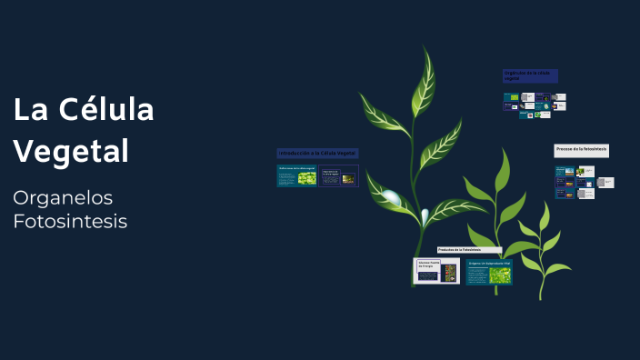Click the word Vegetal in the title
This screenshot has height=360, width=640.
pyautogui.click(x=71, y=150)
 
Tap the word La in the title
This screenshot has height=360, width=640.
pyautogui.click(x=29, y=110)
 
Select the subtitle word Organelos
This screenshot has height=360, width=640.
pyautogui.click(x=63, y=197)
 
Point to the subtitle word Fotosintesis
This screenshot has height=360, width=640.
pyautogui.click(x=70, y=221)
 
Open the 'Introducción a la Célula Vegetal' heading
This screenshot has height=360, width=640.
pyautogui.click(x=317, y=153)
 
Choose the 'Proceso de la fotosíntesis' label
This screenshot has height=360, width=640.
pyautogui.click(x=581, y=149)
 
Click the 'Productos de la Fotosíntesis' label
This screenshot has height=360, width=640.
pyautogui.click(x=469, y=249)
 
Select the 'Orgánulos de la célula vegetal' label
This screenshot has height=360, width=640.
pyautogui.click(x=530, y=76)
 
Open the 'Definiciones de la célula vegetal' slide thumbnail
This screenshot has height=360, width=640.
pyautogui.click(x=296, y=175)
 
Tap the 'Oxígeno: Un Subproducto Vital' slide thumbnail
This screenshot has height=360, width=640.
pyautogui.click(x=489, y=272)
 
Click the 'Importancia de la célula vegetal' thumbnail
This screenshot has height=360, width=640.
pyautogui.click(x=339, y=175)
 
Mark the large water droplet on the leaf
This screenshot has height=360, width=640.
pyautogui.click(x=392, y=196)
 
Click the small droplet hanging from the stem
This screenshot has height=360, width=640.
pyautogui.click(x=425, y=215)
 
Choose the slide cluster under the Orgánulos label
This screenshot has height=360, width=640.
pyautogui.click(x=535, y=105)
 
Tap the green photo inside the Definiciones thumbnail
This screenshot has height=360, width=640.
pyautogui.click(x=306, y=178)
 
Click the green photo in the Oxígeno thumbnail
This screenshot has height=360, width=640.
pyautogui.click(x=499, y=275)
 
